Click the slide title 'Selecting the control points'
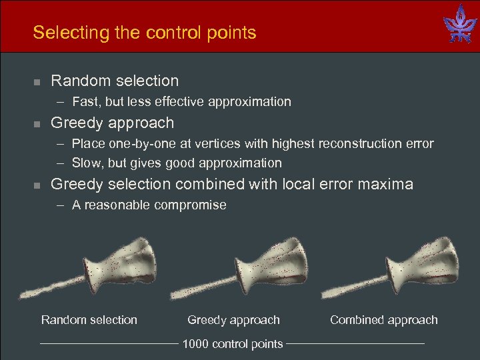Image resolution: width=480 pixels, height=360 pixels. coord(144,33)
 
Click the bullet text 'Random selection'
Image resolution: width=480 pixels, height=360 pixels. coord(115,81)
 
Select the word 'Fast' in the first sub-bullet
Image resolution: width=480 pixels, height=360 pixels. coord(85,102)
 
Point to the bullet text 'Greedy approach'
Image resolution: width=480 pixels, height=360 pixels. coord(112,123)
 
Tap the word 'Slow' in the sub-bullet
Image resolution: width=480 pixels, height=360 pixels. coord(86,163)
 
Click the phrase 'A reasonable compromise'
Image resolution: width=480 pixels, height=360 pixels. coord(149,205)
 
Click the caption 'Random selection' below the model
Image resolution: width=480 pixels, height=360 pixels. coord(89,320)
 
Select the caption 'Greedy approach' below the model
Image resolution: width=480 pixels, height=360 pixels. coord(233,320)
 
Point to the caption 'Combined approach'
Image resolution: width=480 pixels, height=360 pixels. coord(384,320)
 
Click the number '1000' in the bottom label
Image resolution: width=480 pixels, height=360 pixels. coord(195,344)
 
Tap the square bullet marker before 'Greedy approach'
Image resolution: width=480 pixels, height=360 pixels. coord(37,124)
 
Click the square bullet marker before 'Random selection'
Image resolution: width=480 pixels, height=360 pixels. coord(37,82)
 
